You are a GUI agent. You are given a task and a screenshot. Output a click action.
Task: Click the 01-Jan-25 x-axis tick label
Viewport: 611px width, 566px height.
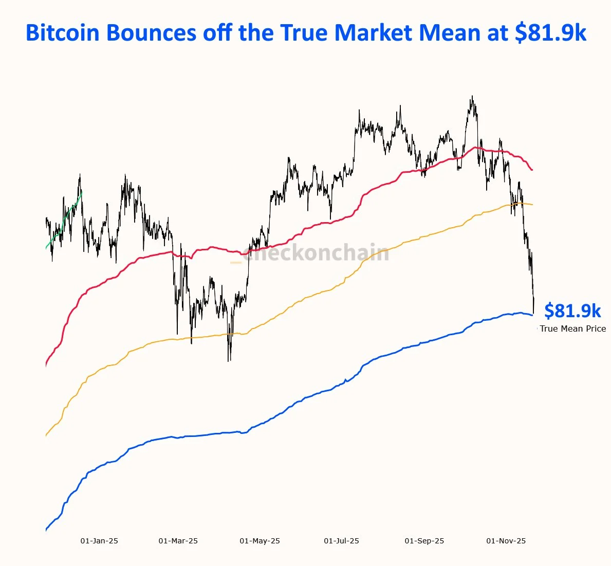click(x=99, y=541)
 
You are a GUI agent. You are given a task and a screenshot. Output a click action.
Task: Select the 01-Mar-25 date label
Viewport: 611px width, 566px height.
click(x=178, y=541)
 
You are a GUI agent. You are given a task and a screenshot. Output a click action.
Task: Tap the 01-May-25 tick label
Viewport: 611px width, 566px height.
click(x=260, y=541)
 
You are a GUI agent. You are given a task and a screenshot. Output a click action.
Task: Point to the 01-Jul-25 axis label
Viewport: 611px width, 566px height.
click(x=341, y=541)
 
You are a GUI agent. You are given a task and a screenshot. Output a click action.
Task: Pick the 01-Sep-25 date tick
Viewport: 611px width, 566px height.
click(x=424, y=541)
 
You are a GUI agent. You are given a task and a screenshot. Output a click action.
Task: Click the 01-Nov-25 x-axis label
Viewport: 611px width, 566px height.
click(x=506, y=541)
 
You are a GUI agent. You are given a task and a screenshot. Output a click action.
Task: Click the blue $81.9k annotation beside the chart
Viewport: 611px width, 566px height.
click(x=572, y=311)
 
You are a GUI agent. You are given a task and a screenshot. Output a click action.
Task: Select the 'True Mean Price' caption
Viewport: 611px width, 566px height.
click(x=572, y=328)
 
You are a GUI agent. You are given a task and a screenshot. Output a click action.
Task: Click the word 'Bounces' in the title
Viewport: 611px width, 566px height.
click(x=151, y=33)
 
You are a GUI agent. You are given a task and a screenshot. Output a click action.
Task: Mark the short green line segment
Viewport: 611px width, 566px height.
click(x=64, y=220)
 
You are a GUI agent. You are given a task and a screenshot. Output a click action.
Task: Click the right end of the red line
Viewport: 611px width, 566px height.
click(x=532, y=170)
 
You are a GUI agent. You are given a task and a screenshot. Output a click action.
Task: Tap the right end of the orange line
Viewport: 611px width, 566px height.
click(x=532, y=205)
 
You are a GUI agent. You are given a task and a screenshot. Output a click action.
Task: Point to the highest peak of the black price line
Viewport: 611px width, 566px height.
click(x=472, y=96)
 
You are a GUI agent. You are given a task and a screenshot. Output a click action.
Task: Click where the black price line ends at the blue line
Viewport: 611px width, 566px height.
click(x=534, y=313)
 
